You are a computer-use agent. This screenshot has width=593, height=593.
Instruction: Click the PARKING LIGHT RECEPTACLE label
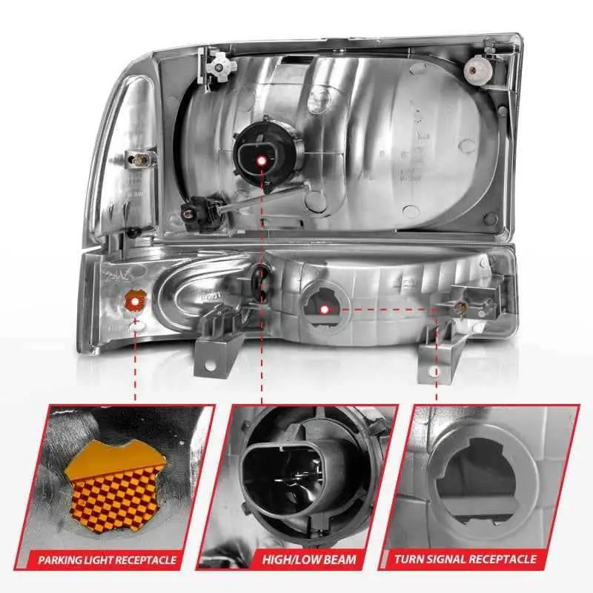(107, 560)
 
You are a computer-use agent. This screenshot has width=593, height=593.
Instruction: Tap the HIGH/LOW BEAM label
(309, 560)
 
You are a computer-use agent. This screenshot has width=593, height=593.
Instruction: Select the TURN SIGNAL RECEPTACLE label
(466, 559)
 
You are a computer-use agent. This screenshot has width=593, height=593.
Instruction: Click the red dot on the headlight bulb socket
(262, 161)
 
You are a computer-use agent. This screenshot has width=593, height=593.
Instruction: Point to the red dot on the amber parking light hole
(134, 302)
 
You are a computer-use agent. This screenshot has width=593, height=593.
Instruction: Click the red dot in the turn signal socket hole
(324, 310)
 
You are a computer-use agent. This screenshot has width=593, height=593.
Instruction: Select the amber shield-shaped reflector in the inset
(113, 484)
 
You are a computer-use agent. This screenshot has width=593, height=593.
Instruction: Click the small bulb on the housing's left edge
(141, 160)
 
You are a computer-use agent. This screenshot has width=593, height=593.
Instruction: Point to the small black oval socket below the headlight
(259, 281)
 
